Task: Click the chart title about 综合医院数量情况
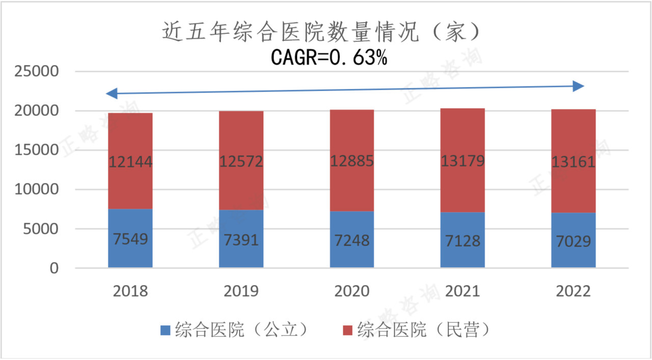click(321, 33)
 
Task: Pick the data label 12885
click(352, 161)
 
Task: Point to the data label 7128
click(463, 240)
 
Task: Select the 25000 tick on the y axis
click(36, 72)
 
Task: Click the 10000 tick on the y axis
click(36, 190)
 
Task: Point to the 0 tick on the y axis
click(54, 268)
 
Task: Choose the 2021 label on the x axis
click(463, 291)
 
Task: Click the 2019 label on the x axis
click(241, 291)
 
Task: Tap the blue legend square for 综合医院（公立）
click(165, 330)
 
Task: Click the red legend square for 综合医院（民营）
click(347, 330)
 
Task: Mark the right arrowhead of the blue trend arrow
click(578, 87)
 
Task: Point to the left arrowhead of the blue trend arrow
click(112, 93)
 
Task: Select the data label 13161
click(573, 162)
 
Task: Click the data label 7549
click(130, 239)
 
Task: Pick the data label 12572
click(241, 162)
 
